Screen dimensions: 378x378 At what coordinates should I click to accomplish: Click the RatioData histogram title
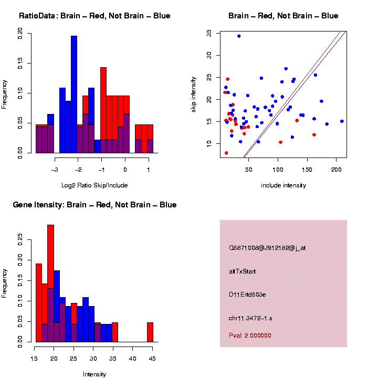94,16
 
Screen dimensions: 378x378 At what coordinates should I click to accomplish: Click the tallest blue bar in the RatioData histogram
74,94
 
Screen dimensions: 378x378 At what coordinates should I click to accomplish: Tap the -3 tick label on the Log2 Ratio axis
55,170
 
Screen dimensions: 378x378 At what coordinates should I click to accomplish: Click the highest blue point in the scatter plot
239,36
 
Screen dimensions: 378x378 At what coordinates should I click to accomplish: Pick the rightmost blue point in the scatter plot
342,121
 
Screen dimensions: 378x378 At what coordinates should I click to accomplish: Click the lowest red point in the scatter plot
226,153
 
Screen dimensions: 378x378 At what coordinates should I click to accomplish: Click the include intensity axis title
283,185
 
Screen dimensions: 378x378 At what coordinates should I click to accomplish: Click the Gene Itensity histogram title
94,205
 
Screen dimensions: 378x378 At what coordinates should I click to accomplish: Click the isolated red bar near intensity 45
150,332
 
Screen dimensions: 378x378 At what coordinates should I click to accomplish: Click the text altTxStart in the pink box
242,271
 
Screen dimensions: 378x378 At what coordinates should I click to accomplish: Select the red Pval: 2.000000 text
250,335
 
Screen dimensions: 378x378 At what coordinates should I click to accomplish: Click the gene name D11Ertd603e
247,295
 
